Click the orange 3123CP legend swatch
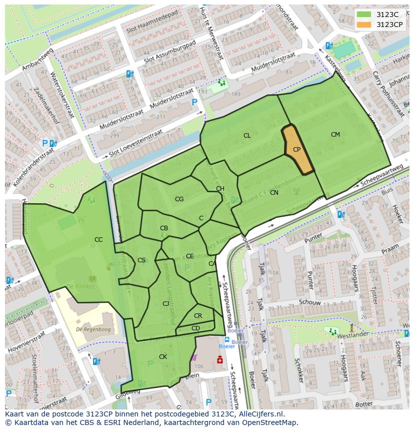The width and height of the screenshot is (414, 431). pyautogui.click(x=364, y=24)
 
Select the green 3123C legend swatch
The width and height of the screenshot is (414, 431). pyautogui.click(x=364, y=14)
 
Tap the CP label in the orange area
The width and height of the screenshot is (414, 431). pyautogui.click(x=296, y=150)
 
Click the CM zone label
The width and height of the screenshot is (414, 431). pyautogui.click(x=335, y=134)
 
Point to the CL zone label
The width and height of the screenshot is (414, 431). pyautogui.click(x=247, y=136)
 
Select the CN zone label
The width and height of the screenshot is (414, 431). pyautogui.click(x=274, y=193)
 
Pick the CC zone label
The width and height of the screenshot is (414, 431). pyautogui.click(x=98, y=240)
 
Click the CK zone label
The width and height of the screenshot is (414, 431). pyautogui.click(x=163, y=356)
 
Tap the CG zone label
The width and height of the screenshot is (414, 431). pyautogui.click(x=179, y=199)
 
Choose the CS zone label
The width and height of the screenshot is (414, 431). pyautogui.click(x=141, y=260)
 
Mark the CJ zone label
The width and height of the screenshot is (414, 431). pyautogui.click(x=165, y=303)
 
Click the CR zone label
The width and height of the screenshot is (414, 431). pyautogui.click(x=198, y=316)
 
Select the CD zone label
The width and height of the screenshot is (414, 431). pyautogui.click(x=195, y=328)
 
